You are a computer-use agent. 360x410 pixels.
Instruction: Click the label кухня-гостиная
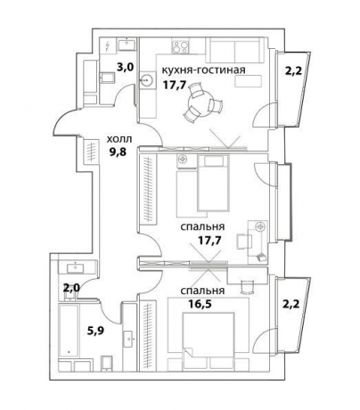click(x=204, y=70)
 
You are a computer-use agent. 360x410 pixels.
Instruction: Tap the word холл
click(x=119, y=139)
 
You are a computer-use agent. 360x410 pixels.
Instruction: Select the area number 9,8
click(x=117, y=152)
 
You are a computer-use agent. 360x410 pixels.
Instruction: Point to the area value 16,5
click(x=200, y=304)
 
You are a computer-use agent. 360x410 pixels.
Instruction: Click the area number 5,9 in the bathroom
click(x=95, y=331)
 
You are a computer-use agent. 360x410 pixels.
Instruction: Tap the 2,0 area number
click(x=71, y=288)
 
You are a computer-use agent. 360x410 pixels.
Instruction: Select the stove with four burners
click(x=181, y=47)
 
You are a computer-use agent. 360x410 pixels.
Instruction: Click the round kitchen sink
click(x=147, y=80)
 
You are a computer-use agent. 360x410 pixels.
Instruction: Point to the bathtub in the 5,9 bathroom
click(x=70, y=331)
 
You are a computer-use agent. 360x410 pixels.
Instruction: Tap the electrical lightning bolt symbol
click(x=107, y=45)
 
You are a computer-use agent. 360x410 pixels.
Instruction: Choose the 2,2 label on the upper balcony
click(x=293, y=72)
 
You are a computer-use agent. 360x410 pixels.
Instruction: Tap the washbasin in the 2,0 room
click(x=77, y=267)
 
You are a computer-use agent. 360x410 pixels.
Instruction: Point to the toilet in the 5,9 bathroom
click(x=107, y=363)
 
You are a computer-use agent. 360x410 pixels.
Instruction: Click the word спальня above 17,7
click(x=202, y=227)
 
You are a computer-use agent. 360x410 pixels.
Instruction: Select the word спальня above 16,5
click(x=202, y=291)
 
